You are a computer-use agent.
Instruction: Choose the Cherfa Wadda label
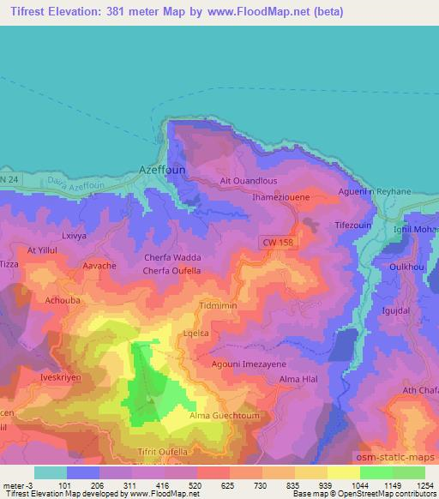(x=173, y=258)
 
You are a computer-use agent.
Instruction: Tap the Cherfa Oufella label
(x=172, y=272)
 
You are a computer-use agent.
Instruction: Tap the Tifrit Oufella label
(x=165, y=449)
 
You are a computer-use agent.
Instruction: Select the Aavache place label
(x=99, y=266)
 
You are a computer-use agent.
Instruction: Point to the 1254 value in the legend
(x=424, y=485)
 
